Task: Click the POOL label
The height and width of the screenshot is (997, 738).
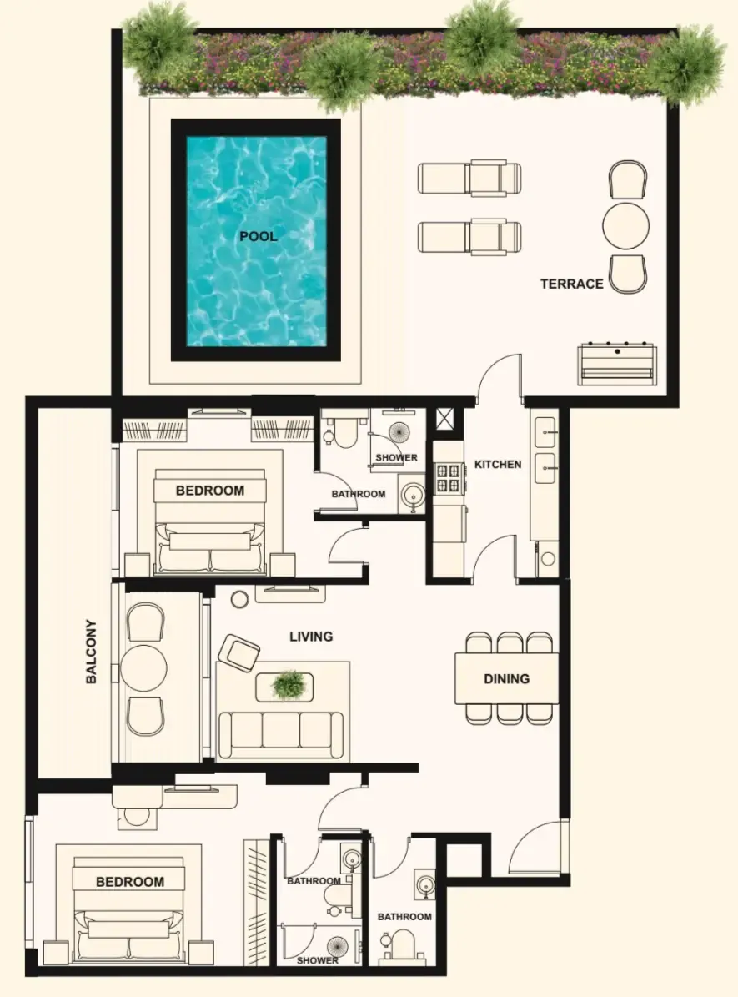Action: [x=258, y=237]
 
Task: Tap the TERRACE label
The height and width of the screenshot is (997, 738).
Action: [x=571, y=284]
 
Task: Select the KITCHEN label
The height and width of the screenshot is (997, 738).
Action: [x=498, y=465]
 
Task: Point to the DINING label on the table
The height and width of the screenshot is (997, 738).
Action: [x=507, y=679]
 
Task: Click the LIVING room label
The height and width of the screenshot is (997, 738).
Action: [x=311, y=637]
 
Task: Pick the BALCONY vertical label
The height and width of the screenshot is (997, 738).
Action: [x=92, y=652]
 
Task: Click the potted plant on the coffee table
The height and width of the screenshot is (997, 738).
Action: [x=289, y=686]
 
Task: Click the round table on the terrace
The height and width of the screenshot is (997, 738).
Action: [x=625, y=226]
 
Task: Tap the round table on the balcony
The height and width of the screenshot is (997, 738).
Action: [x=143, y=669]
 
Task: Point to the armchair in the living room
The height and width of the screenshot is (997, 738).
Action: [x=238, y=652]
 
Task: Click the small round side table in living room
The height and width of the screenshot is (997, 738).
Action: [x=239, y=599]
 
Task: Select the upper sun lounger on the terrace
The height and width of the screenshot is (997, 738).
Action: [x=469, y=178]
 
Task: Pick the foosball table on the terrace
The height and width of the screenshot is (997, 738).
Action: [x=616, y=364]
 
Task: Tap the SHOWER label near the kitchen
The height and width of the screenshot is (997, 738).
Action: [x=397, y=458]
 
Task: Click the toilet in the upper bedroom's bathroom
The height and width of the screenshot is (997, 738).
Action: [x=344, y=432]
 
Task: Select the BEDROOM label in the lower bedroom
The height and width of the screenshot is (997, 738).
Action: [x=130, y=882]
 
